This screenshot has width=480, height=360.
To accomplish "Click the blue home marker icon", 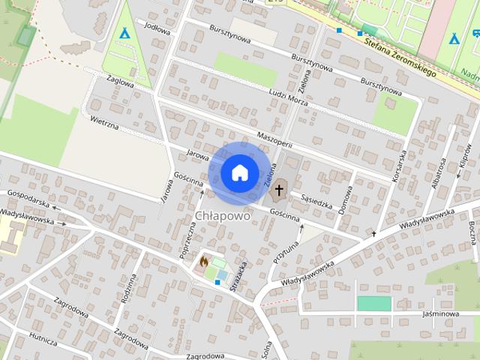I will pos(239,172).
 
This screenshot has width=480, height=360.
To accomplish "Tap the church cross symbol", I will pos(279,190).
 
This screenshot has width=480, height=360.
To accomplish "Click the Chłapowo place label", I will pos(222,215).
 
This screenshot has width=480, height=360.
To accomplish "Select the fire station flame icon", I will pos(203,262).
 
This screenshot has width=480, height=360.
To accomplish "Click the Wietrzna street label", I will pos(104,123).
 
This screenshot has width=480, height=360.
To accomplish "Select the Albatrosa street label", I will pos(438,175).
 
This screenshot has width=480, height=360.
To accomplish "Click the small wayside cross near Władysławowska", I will pos(373,235).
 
